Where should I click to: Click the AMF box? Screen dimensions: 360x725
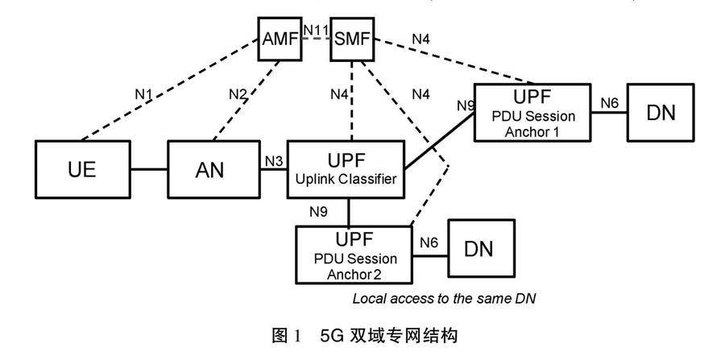pyautogui.click(x=279, y=39)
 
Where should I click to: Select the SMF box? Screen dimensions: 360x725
pyautogui.click(x=352, y=39)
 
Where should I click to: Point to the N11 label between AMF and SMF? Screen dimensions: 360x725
pyautogui.click(x=315, y=29)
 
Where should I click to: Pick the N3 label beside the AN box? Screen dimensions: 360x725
pyautogui.click(x=274, y=159)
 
